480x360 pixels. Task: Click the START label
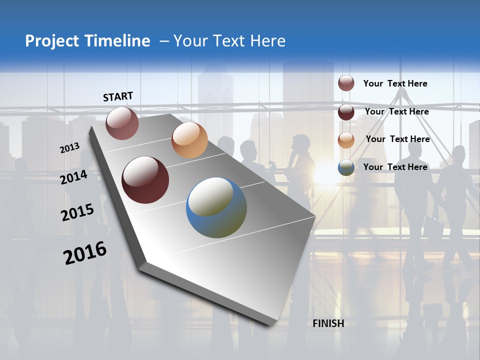tap(118, 96)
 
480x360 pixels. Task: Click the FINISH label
tap(328, 323)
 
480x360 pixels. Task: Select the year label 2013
tap(70, 147)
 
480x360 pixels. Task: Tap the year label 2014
tap(74, 177)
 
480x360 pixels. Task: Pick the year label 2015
tap(77, 212)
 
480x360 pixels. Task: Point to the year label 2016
tap(85, 252)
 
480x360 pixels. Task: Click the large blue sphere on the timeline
tap(216, 207)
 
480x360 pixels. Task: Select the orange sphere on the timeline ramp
tap(189, 140)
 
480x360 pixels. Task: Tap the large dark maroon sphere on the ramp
tap(145, 180)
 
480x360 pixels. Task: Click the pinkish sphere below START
tap(122, 123)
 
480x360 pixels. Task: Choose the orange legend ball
tap(346, 140)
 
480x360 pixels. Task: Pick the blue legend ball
tap(346, 167)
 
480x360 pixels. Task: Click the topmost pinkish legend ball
tap(346, 83)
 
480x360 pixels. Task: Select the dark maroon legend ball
tap(346, 112)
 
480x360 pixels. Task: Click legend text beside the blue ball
tap(395, 167)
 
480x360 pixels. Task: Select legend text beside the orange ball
tap(397, 139)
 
